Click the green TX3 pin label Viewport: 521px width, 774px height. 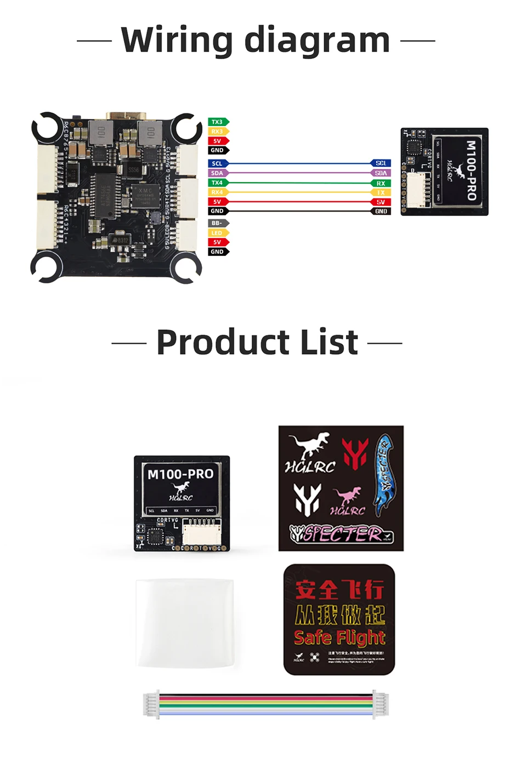pyautogui.click(x=218, y=122)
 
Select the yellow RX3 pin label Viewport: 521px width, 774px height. pyautogui.click(x=218, y=132)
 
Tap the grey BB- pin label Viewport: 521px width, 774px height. pyautogui.click(x=218, y=223)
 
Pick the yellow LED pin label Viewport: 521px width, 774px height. pyautogui.click(x=218, y=233)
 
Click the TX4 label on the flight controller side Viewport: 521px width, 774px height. pyautogui.click(x=218, y=183)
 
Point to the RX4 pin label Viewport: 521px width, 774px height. pyautogui.click(x=218, y=192)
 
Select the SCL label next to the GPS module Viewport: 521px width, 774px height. pyautogui.click(x=381, y=163)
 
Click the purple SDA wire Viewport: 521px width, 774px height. pyautogui.click(x=299, y=173)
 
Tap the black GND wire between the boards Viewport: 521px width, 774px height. pyautogui.click(x=299, y=211)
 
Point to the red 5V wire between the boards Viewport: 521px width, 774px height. pyautogui.click(x=299, y=202)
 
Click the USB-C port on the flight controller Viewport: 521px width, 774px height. pyautogui.click(x=128, y=117)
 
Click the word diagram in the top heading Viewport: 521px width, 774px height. pyautogui.click(x=316, y=41)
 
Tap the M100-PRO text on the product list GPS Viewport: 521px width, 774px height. pyautogui.click(x=180, y=474)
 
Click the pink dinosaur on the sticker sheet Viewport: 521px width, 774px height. pyautogui.click(x=348, y=496)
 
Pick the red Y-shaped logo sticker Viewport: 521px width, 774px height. pyautogui.click(x=355, y=453)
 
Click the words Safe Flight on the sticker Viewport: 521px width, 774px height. pyautogui.click(x=339, y=638)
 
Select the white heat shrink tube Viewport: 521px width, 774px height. pyautogui.click(x=185, y=623)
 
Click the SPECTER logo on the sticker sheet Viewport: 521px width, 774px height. pyautogui.click(x=341, y=533)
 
